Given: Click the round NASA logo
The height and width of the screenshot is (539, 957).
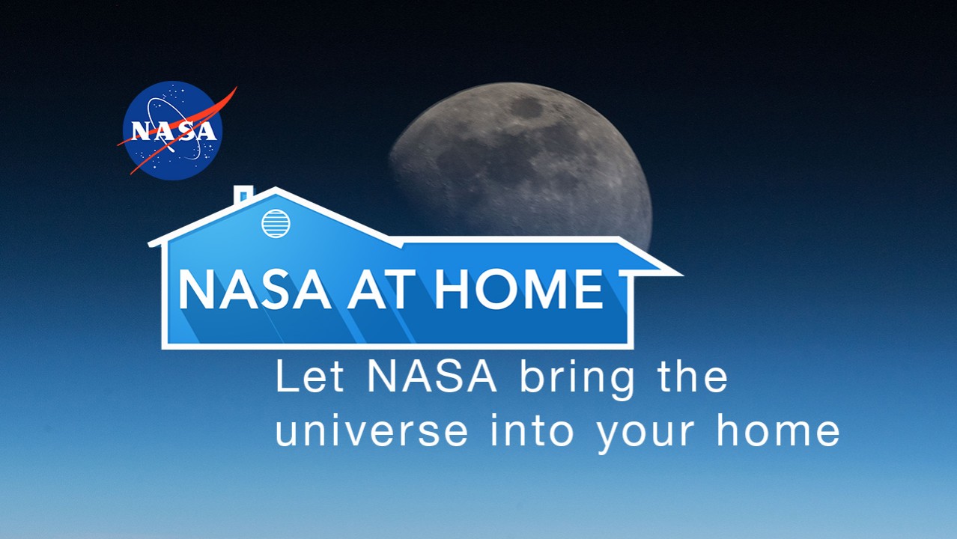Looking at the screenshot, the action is click(x=172, y=131).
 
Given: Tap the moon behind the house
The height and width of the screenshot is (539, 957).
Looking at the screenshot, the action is click(x=521, y=162).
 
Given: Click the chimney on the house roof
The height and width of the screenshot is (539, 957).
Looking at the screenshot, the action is click(x=243, y=195).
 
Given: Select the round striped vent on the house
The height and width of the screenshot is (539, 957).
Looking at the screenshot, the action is click(x=276, y=223).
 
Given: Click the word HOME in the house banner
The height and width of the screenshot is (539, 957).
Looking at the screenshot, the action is click(x=518, y=290).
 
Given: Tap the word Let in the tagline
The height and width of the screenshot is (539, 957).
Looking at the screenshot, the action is click(x=310, y=377).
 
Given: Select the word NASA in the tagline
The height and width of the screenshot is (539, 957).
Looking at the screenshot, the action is click(x=432, y=377).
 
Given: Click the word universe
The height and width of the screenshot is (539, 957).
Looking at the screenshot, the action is click(x=371, y=430).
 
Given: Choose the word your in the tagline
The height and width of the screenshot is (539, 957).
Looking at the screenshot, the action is click(x=645, y=433).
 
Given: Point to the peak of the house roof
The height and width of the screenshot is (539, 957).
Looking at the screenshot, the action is click(x=276, y=189).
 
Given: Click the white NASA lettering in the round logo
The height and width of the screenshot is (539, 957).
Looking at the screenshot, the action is click(x=174, y=131).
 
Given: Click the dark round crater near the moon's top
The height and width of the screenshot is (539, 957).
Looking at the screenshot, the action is click(x=526, y=107).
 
